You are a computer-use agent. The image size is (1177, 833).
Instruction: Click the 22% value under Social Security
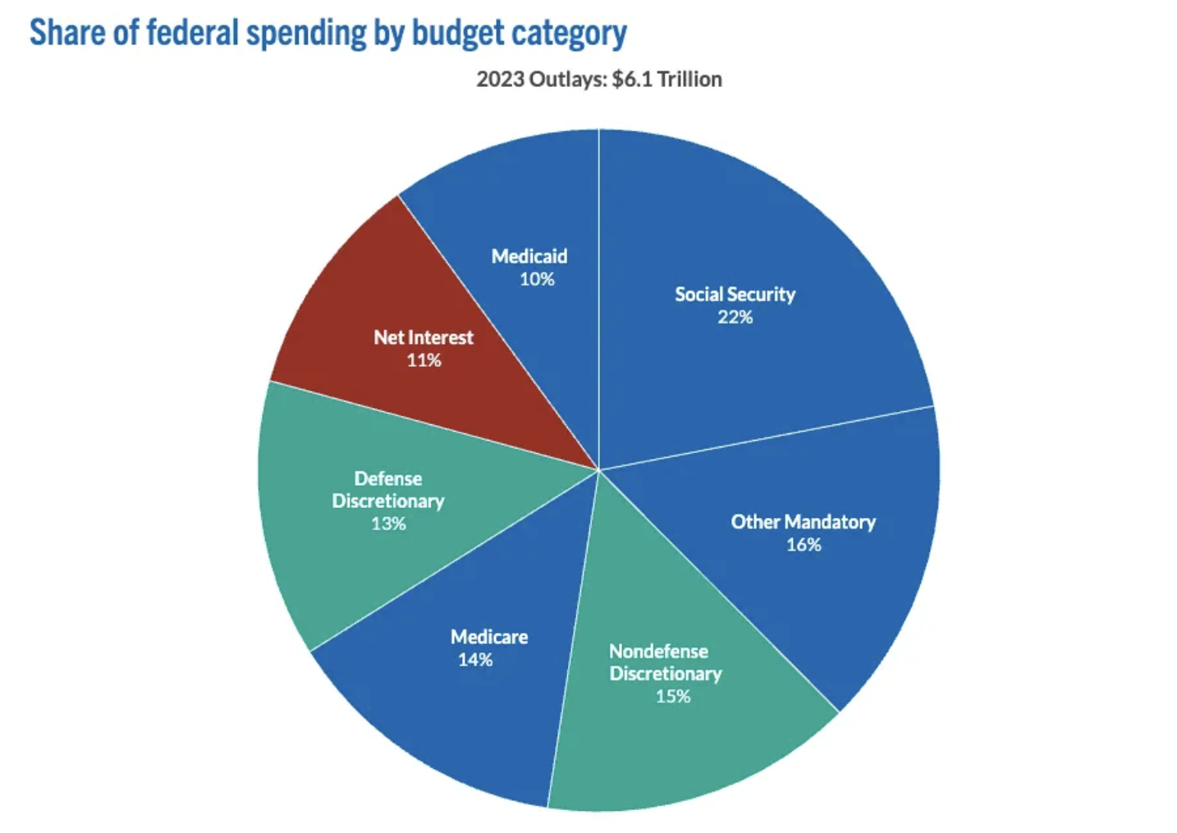(735, 318)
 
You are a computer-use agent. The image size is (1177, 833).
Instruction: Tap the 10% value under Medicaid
(537, 279)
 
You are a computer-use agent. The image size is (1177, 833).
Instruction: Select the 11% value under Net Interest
(424, 360)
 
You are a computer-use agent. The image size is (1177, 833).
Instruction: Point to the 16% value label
(804, 545)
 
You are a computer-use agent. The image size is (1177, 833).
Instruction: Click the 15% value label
(672, 697)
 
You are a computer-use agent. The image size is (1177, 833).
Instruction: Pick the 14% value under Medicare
(475, 660)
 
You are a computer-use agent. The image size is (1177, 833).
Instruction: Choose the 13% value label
(388, 524)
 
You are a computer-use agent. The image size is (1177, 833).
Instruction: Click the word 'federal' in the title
(193, 33)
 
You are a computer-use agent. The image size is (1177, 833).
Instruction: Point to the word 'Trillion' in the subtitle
(689, 80)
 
